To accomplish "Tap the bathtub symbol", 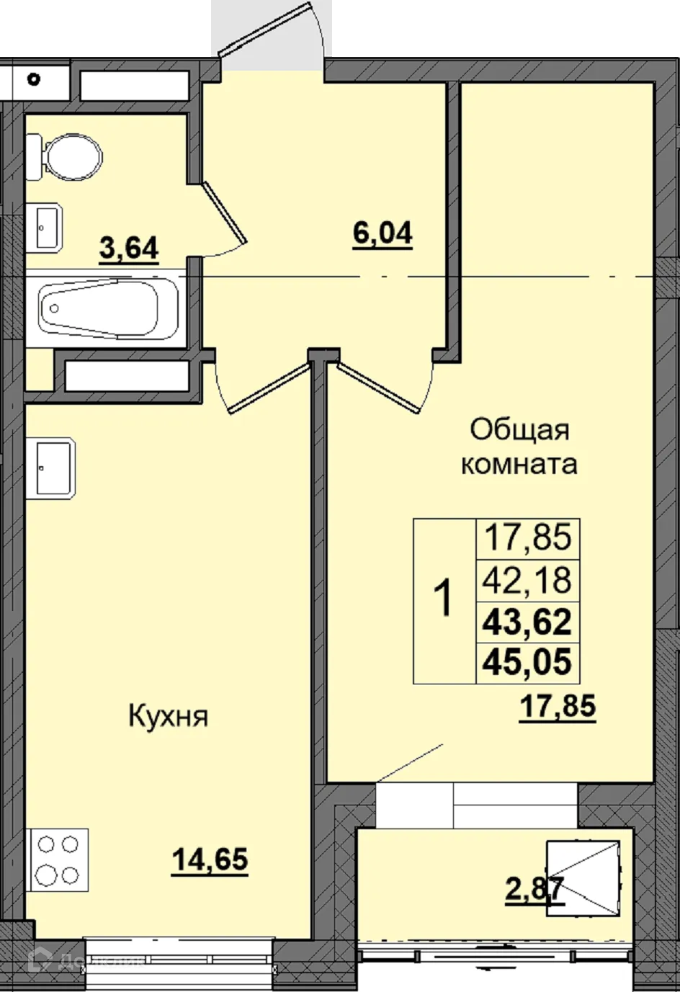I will (x=98, y=310).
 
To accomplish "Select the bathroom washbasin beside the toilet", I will (x=45, y=228).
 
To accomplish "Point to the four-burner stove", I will (x=58, y=859).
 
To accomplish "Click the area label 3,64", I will (x=129, y=249).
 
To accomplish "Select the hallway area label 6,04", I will (x=382, y=233).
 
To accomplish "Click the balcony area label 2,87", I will (x=534, y=890).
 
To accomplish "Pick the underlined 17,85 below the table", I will (x=558, y=706).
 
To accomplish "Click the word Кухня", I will (x=168, y=717).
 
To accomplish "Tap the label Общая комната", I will (x=519, y=447).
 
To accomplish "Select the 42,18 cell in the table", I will (x=528, y=580).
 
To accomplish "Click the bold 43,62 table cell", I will (x=528, y=621).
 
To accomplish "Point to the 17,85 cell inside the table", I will (x=528, y=537).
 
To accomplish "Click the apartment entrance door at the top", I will (x=270, y=36).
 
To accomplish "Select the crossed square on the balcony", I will (x=583, y=877).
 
